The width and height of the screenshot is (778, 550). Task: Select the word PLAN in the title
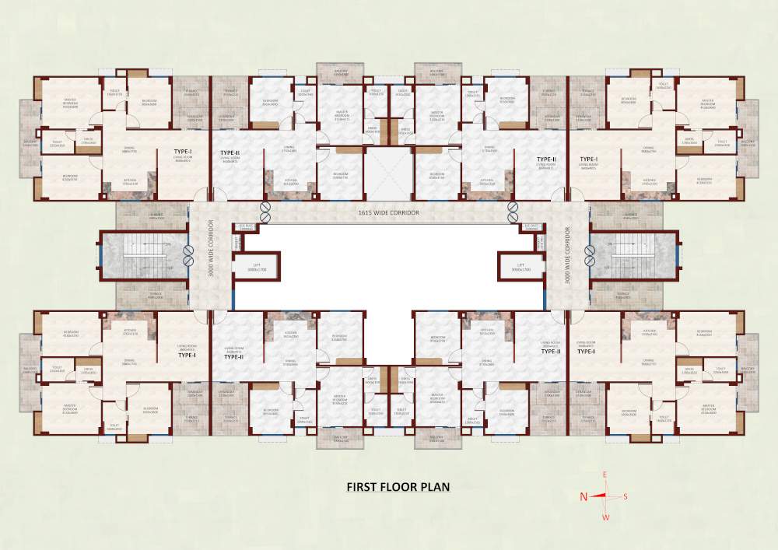point(435,488)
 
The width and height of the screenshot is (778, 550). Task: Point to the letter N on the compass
point(583,496)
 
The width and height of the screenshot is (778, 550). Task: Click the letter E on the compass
point(604,475)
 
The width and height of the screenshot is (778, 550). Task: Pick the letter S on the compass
point(625,496)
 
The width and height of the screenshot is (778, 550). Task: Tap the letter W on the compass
point(606,517)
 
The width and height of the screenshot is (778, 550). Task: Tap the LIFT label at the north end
point(257,265)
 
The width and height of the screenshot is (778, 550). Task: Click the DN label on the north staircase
point(169,243)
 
